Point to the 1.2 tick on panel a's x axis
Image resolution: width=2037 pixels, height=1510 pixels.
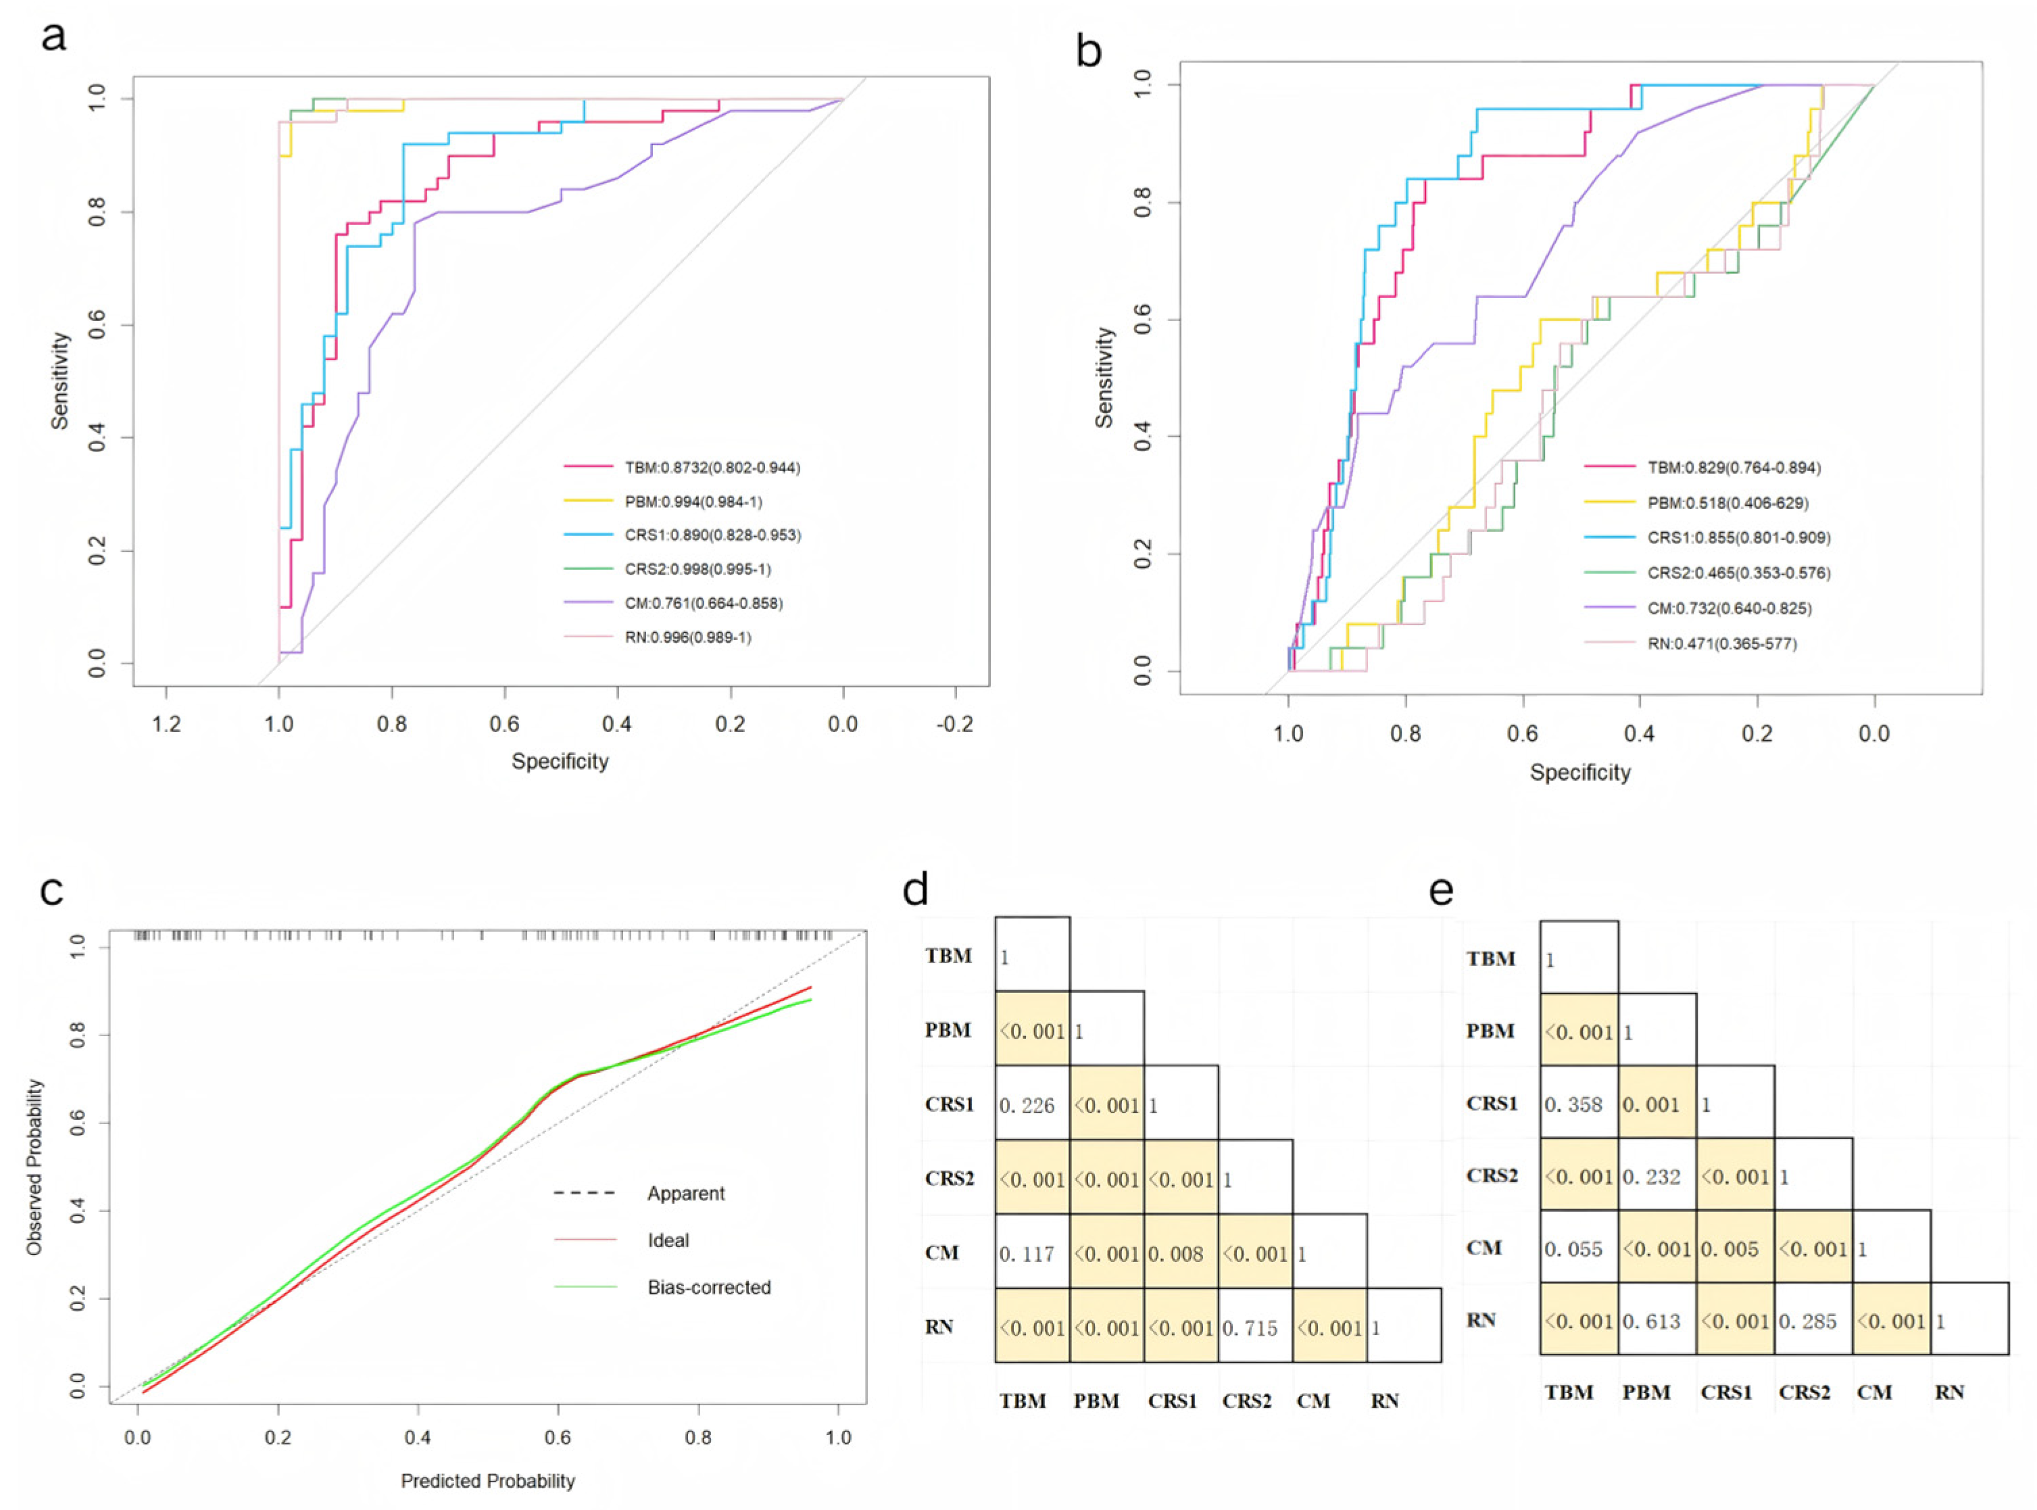click(x=166, y=725)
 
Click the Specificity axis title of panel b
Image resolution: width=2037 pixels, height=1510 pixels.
click(x=1580, y=773)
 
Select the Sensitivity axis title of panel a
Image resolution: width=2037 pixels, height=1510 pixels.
click(x=60, y=381)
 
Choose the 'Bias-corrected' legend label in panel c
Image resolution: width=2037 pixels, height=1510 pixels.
click(x=709, y=1288)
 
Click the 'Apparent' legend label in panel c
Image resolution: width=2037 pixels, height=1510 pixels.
click(x=685, y=1194)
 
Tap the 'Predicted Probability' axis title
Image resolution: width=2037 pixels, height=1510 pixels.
click(x=488, y=1481)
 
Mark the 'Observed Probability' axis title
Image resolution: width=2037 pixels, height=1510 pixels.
click(x=34, y=1167)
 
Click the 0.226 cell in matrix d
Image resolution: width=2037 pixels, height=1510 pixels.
click(x=1032, y=1106)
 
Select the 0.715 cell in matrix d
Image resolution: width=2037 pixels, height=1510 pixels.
click(x=1255, y=1328)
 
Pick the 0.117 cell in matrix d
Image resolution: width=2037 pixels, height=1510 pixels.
click(x=1032, y=1254)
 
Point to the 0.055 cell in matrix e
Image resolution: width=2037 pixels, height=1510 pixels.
click(x=1578, y=1248)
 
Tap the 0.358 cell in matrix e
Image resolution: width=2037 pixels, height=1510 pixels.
click(x=1578, y=1104)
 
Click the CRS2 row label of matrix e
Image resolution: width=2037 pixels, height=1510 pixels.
click(x=1492, y=1175)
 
